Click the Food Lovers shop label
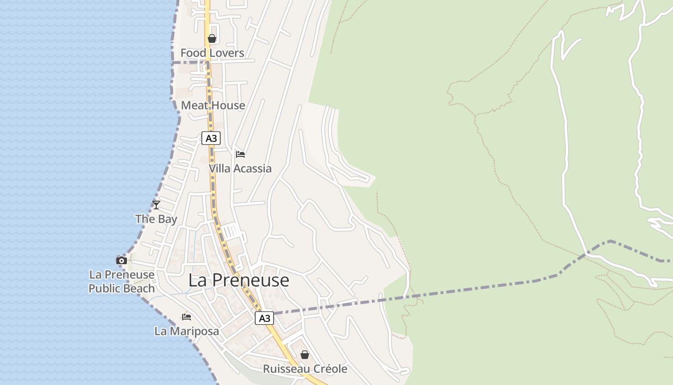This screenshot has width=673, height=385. [212, 53]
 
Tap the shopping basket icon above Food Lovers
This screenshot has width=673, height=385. [212, 38]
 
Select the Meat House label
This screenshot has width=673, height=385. [213, 105]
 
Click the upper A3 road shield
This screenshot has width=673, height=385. [211, 139]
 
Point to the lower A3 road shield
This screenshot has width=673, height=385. [264, 318]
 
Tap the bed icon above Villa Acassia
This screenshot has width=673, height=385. [240, 154]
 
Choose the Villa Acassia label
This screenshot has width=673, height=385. [240, 168]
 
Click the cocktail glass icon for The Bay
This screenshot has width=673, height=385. [156, 205]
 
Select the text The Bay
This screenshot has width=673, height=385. [156, 219]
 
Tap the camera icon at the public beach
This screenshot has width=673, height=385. [122, 261]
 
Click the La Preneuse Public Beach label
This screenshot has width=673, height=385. [122, 282]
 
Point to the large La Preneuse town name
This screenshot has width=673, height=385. [238, 280]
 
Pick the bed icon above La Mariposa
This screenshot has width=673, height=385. [187, 317]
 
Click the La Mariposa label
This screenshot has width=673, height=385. [187, 331]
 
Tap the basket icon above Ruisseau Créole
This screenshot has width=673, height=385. [305, 355]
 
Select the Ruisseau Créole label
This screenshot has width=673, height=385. [305, 369]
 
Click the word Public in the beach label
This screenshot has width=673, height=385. [105, 289]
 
